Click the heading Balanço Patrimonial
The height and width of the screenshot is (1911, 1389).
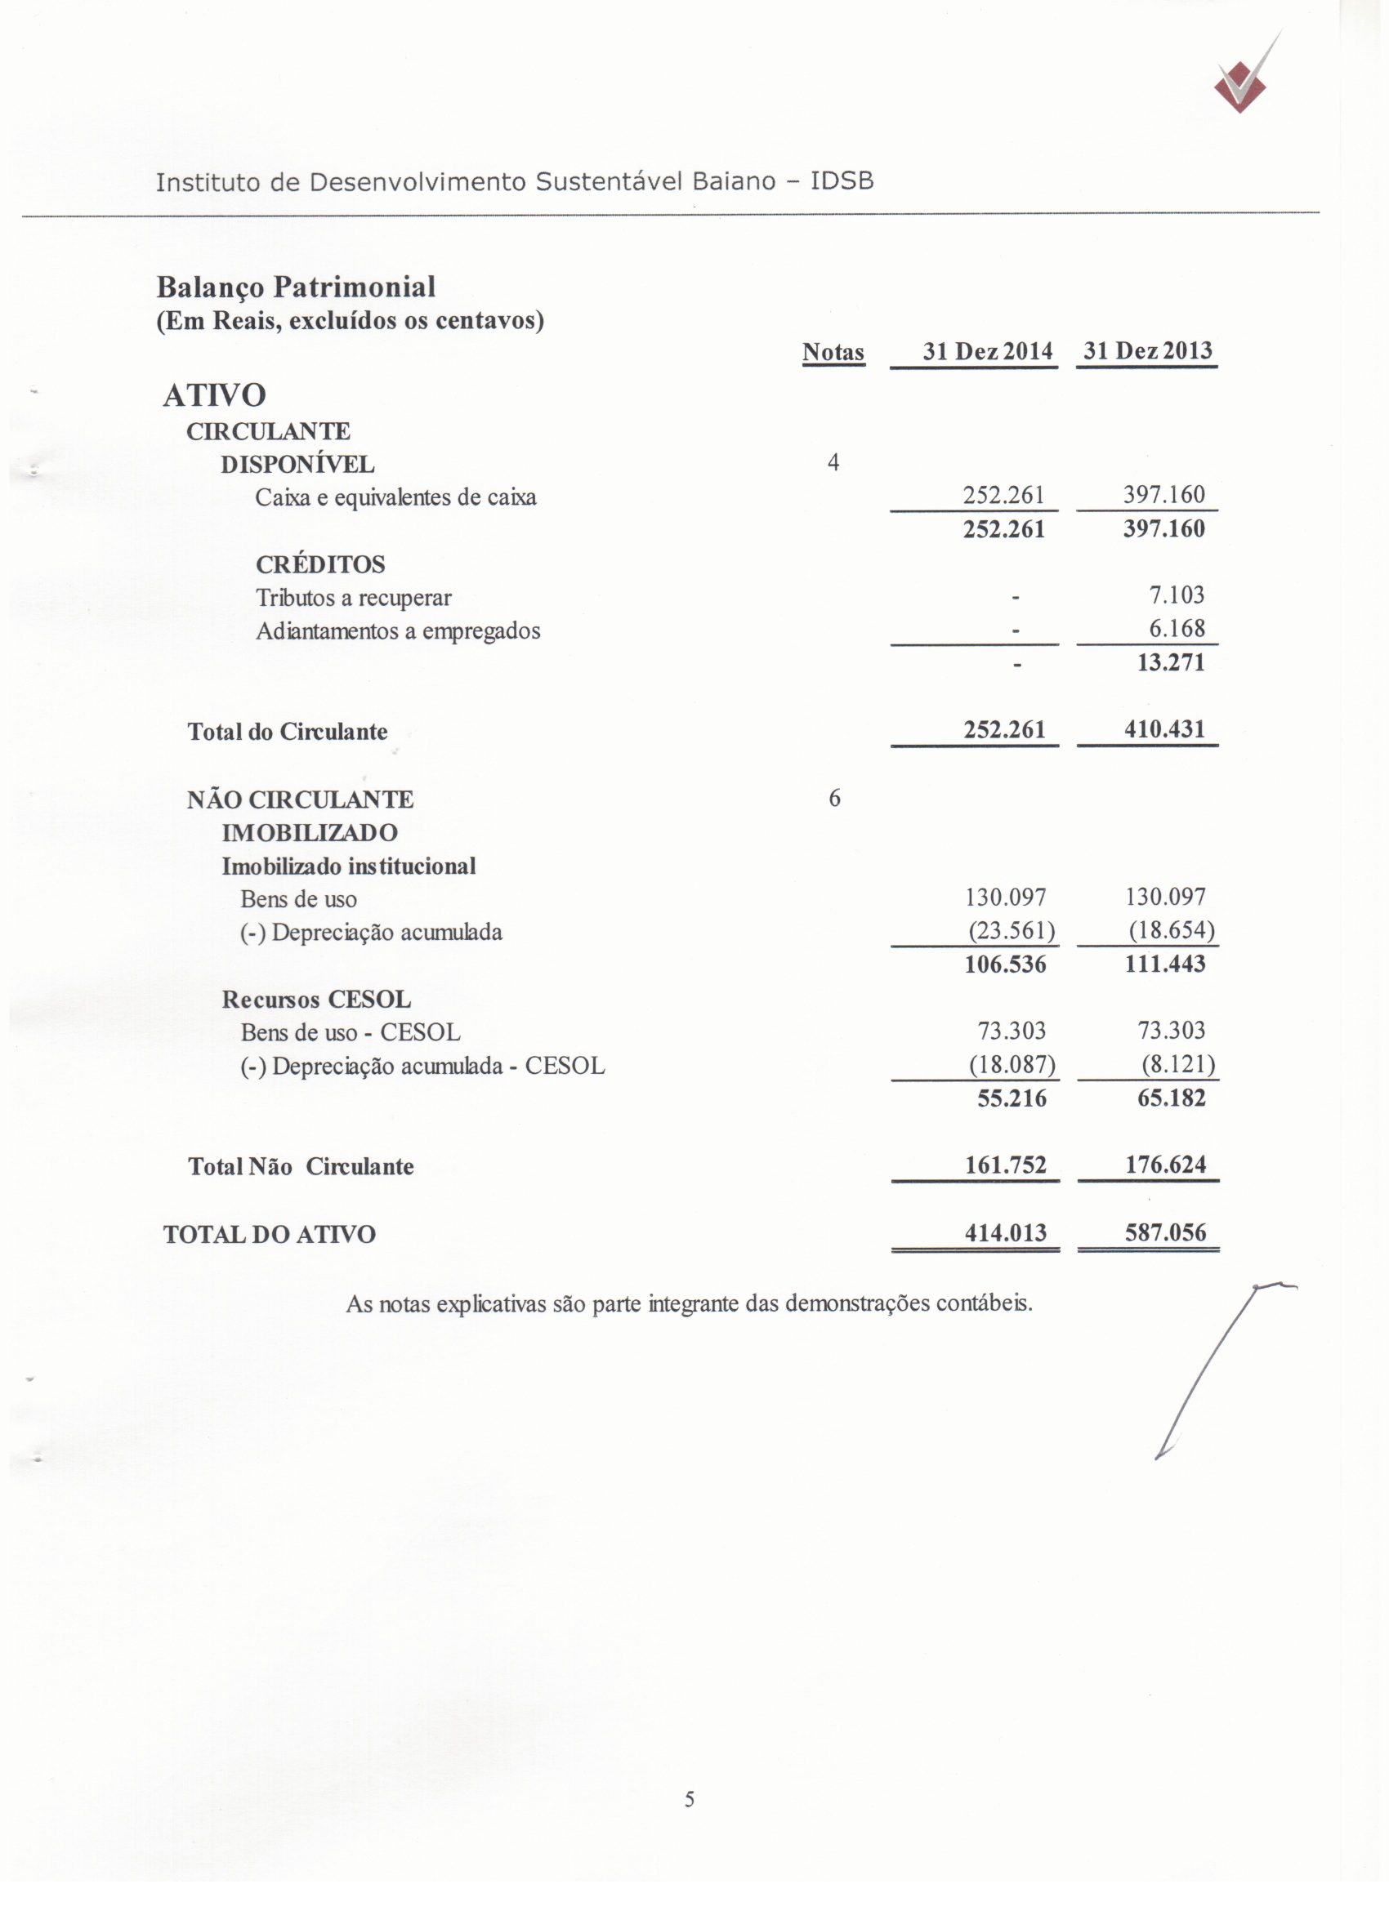(x=296, y=287)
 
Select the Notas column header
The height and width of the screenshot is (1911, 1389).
(x=833, y=352)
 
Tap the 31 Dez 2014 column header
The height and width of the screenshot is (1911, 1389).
(x=987, y=351)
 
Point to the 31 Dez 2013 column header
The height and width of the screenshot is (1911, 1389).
(x=1147, y=350)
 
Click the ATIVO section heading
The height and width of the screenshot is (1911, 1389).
(x=215, y=395)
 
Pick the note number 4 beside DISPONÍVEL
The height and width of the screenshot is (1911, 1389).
(x=833, y=462)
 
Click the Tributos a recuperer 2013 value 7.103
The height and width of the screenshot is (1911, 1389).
(x=1177, y=595)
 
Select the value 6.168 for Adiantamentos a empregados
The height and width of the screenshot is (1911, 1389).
(x=1177, y=629)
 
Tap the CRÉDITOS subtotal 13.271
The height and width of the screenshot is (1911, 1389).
(x=1171, y=662)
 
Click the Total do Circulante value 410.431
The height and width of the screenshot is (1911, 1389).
(x=1165, y=728)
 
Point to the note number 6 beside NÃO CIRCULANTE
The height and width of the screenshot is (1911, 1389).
(x=833, y=798)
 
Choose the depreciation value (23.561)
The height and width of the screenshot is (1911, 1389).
(x=1011, y=931)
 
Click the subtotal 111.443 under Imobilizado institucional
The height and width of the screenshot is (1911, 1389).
(x=1165, y=964)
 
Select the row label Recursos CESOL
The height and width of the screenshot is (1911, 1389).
(x=316, y=1000)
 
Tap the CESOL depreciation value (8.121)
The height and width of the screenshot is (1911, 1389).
(x=1177, y=1065)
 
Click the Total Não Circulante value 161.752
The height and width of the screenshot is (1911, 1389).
(x=1006, y=1165)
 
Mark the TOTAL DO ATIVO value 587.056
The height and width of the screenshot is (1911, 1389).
(x=1166, y=1232)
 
